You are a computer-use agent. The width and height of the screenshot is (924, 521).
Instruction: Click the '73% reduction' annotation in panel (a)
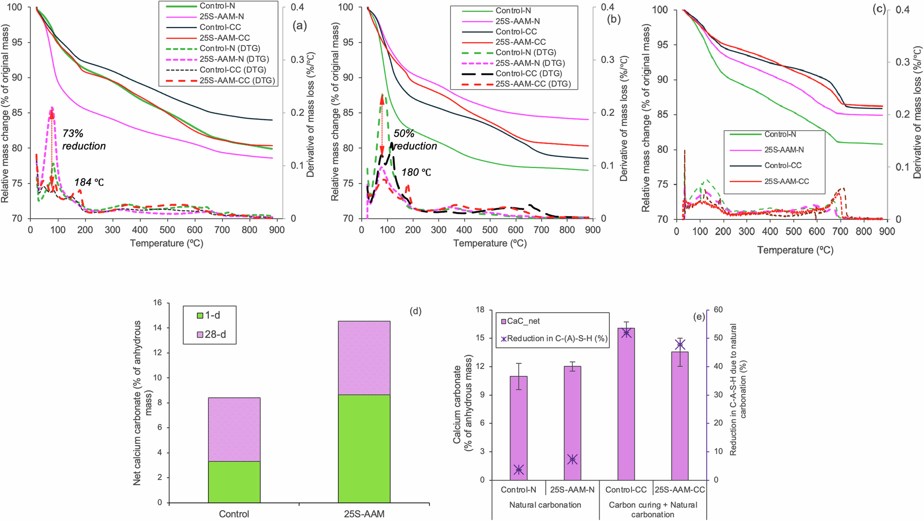84,140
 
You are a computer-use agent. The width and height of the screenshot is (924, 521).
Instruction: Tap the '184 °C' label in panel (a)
89,182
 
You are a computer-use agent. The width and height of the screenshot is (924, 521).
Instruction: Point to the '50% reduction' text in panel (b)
414,140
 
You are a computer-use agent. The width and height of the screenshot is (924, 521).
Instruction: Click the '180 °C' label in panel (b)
416,172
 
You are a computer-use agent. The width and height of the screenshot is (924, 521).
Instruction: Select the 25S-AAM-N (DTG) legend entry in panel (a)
234,59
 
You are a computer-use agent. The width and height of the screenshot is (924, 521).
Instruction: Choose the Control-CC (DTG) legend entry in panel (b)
528,73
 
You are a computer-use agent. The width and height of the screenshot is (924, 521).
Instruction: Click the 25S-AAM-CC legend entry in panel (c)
786,182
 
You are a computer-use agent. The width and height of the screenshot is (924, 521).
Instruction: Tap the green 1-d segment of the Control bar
234,481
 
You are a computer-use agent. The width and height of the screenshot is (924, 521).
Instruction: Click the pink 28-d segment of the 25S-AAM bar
364,357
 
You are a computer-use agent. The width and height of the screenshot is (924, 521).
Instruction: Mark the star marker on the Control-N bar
519,470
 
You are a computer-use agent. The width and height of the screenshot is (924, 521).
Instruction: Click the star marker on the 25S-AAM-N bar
572,459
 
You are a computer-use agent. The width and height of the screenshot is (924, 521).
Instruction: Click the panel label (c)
878,9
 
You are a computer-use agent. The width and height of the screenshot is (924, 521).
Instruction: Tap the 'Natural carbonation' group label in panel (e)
545,505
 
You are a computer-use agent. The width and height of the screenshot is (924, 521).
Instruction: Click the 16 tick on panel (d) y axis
158,303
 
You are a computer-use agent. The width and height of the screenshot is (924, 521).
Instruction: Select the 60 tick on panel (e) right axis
718,309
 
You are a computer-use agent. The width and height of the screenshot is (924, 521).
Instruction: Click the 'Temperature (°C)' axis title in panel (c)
795,250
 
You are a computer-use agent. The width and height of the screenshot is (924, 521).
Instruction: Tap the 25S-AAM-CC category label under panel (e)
680,490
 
